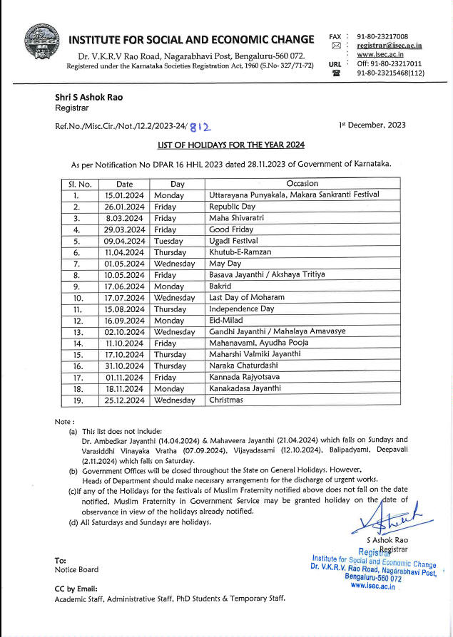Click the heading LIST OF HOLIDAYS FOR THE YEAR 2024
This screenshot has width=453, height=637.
coord(231,145)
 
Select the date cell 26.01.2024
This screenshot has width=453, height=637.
coord(124,206)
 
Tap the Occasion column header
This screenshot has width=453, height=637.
coord(302,183)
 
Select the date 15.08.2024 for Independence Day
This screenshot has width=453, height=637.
coord(124,309)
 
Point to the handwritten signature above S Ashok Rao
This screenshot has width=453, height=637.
coord(386,517)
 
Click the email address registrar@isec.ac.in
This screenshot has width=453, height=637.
coord(389,46)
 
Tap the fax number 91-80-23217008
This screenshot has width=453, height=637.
coord(382,36)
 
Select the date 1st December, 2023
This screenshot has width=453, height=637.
coord(372,125)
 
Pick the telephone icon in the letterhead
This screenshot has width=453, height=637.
coord(336,73)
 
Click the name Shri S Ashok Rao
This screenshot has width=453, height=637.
coord(83,97)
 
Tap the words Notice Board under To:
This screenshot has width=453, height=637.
coord(76,569)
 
